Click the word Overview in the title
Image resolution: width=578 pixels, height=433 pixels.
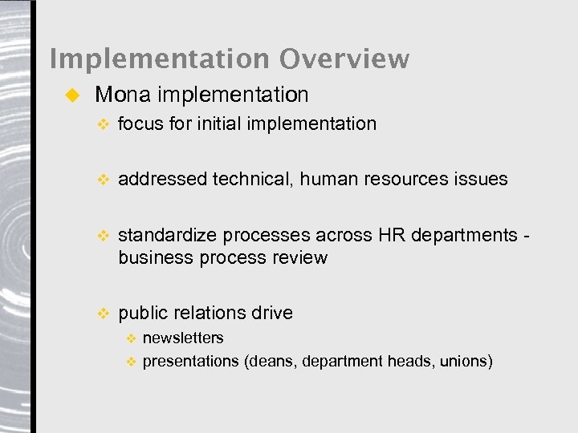point(344,59)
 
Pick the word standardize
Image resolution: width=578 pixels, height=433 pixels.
point(167,235)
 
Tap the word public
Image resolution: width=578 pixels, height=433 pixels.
point(141,313)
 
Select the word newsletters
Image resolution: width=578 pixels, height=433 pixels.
point(183,338)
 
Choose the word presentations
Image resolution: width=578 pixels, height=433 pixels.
point(190,362)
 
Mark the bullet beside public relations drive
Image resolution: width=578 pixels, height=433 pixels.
point(101,314)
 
